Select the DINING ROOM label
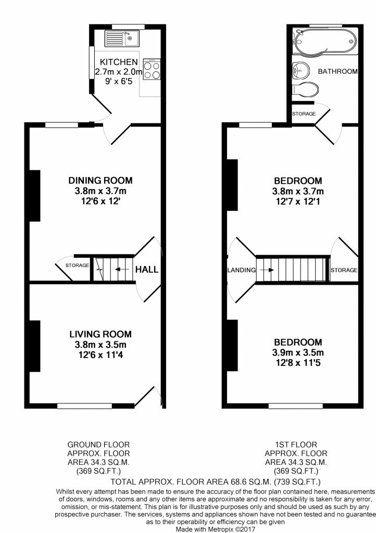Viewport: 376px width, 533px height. [101, 181]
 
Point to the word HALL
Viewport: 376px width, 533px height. [147, 270]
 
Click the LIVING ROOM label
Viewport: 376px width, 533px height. [101, 334]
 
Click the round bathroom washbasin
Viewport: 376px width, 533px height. [300, 69]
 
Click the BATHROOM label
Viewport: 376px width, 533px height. [338, 71]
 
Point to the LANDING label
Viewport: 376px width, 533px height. [241, 270]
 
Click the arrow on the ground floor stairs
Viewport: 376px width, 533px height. [123, 270]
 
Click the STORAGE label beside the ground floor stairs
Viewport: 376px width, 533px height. [78, 266]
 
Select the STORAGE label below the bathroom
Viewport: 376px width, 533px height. [304, 113]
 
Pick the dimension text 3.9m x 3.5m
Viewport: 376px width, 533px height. [298, 353]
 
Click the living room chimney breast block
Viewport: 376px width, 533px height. [35, 346]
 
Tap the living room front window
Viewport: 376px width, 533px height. [84, 405]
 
